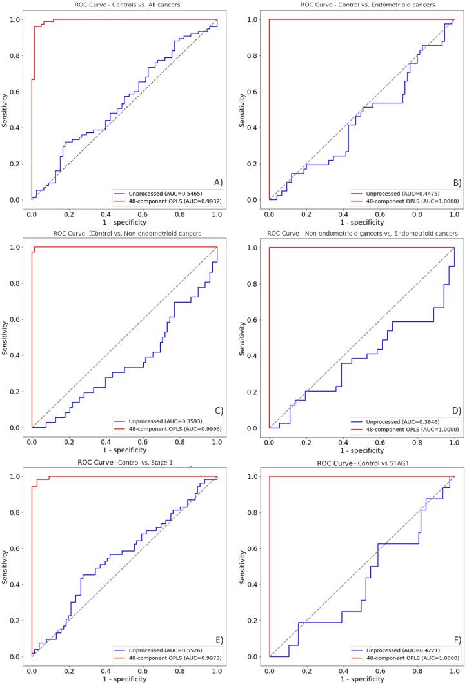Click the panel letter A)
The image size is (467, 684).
(217, 183)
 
